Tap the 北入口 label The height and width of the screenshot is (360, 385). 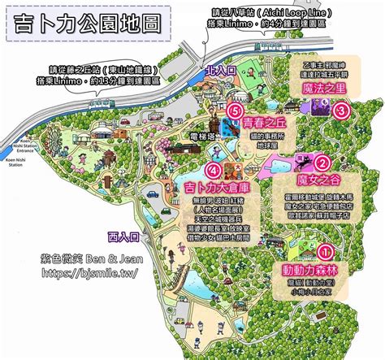(222, 72)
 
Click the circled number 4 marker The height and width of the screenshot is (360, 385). (214, 171)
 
